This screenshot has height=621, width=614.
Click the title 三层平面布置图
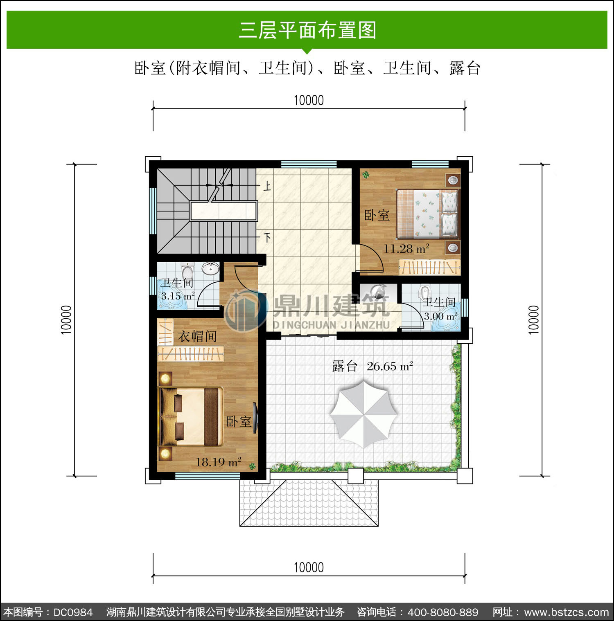[307, 30]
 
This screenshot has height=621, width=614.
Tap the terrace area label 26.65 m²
[390, 366]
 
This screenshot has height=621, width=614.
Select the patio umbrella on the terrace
[363, 414]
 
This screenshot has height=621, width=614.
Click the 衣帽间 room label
[197, 336]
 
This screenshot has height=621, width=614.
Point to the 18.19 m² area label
[219, 462]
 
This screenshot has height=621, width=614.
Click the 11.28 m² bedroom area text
[406, 249]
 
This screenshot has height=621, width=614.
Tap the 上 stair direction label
[267, 186]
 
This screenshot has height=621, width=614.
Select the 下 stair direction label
[267, 237]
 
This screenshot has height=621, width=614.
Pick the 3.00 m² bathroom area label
[440, 316]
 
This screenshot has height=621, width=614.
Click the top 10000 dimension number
[309, 100]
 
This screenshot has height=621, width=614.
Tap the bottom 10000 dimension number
[309, 567]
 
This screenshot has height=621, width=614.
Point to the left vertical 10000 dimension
[66, 320]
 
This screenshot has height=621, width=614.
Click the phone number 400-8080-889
[443, 612]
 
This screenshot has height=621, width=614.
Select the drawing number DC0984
[73, 612]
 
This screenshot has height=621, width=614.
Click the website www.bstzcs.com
[567, 612]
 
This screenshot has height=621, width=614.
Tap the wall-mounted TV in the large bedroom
[255, 418]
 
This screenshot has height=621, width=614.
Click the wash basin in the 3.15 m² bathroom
[210, 269]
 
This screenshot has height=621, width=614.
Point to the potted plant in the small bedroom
[366, 175]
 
